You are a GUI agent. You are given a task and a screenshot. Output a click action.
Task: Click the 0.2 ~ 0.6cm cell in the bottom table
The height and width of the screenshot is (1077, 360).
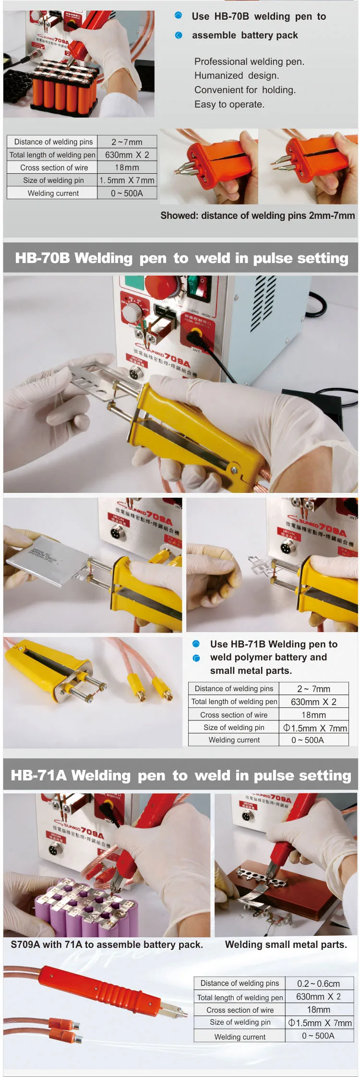tap(318, 983)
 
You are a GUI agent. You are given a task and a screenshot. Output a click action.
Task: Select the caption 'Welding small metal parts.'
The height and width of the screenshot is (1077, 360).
tap(286, 945)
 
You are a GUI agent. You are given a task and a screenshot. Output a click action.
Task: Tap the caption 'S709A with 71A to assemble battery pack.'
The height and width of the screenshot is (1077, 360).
tap(107, 945)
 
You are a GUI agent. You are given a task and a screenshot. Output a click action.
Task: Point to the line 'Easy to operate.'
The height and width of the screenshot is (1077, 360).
tap(229, 104)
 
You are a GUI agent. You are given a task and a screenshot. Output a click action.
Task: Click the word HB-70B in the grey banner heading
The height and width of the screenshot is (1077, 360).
tap(42, 258)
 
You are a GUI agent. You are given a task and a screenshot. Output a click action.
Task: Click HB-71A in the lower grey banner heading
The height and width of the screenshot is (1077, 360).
tap(38, 776)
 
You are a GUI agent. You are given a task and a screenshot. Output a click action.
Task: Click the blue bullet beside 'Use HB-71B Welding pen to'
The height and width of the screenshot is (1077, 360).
tap(196, 644)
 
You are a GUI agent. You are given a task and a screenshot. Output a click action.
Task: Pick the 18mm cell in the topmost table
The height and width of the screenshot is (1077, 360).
tap(127, 168)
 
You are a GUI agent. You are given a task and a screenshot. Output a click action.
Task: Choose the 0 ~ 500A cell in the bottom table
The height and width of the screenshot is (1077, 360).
tap(318, 1036)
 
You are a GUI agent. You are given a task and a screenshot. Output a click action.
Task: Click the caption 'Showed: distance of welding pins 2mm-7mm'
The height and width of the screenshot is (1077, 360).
tap(258, 215)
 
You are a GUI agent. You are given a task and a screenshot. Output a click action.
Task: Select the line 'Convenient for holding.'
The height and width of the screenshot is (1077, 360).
tap(245, 90)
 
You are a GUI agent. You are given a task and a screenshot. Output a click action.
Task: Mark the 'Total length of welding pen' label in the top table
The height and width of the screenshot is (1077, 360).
tap(52, 155)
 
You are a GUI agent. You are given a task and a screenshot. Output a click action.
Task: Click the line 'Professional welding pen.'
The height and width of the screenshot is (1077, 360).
tap(249, 61)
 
